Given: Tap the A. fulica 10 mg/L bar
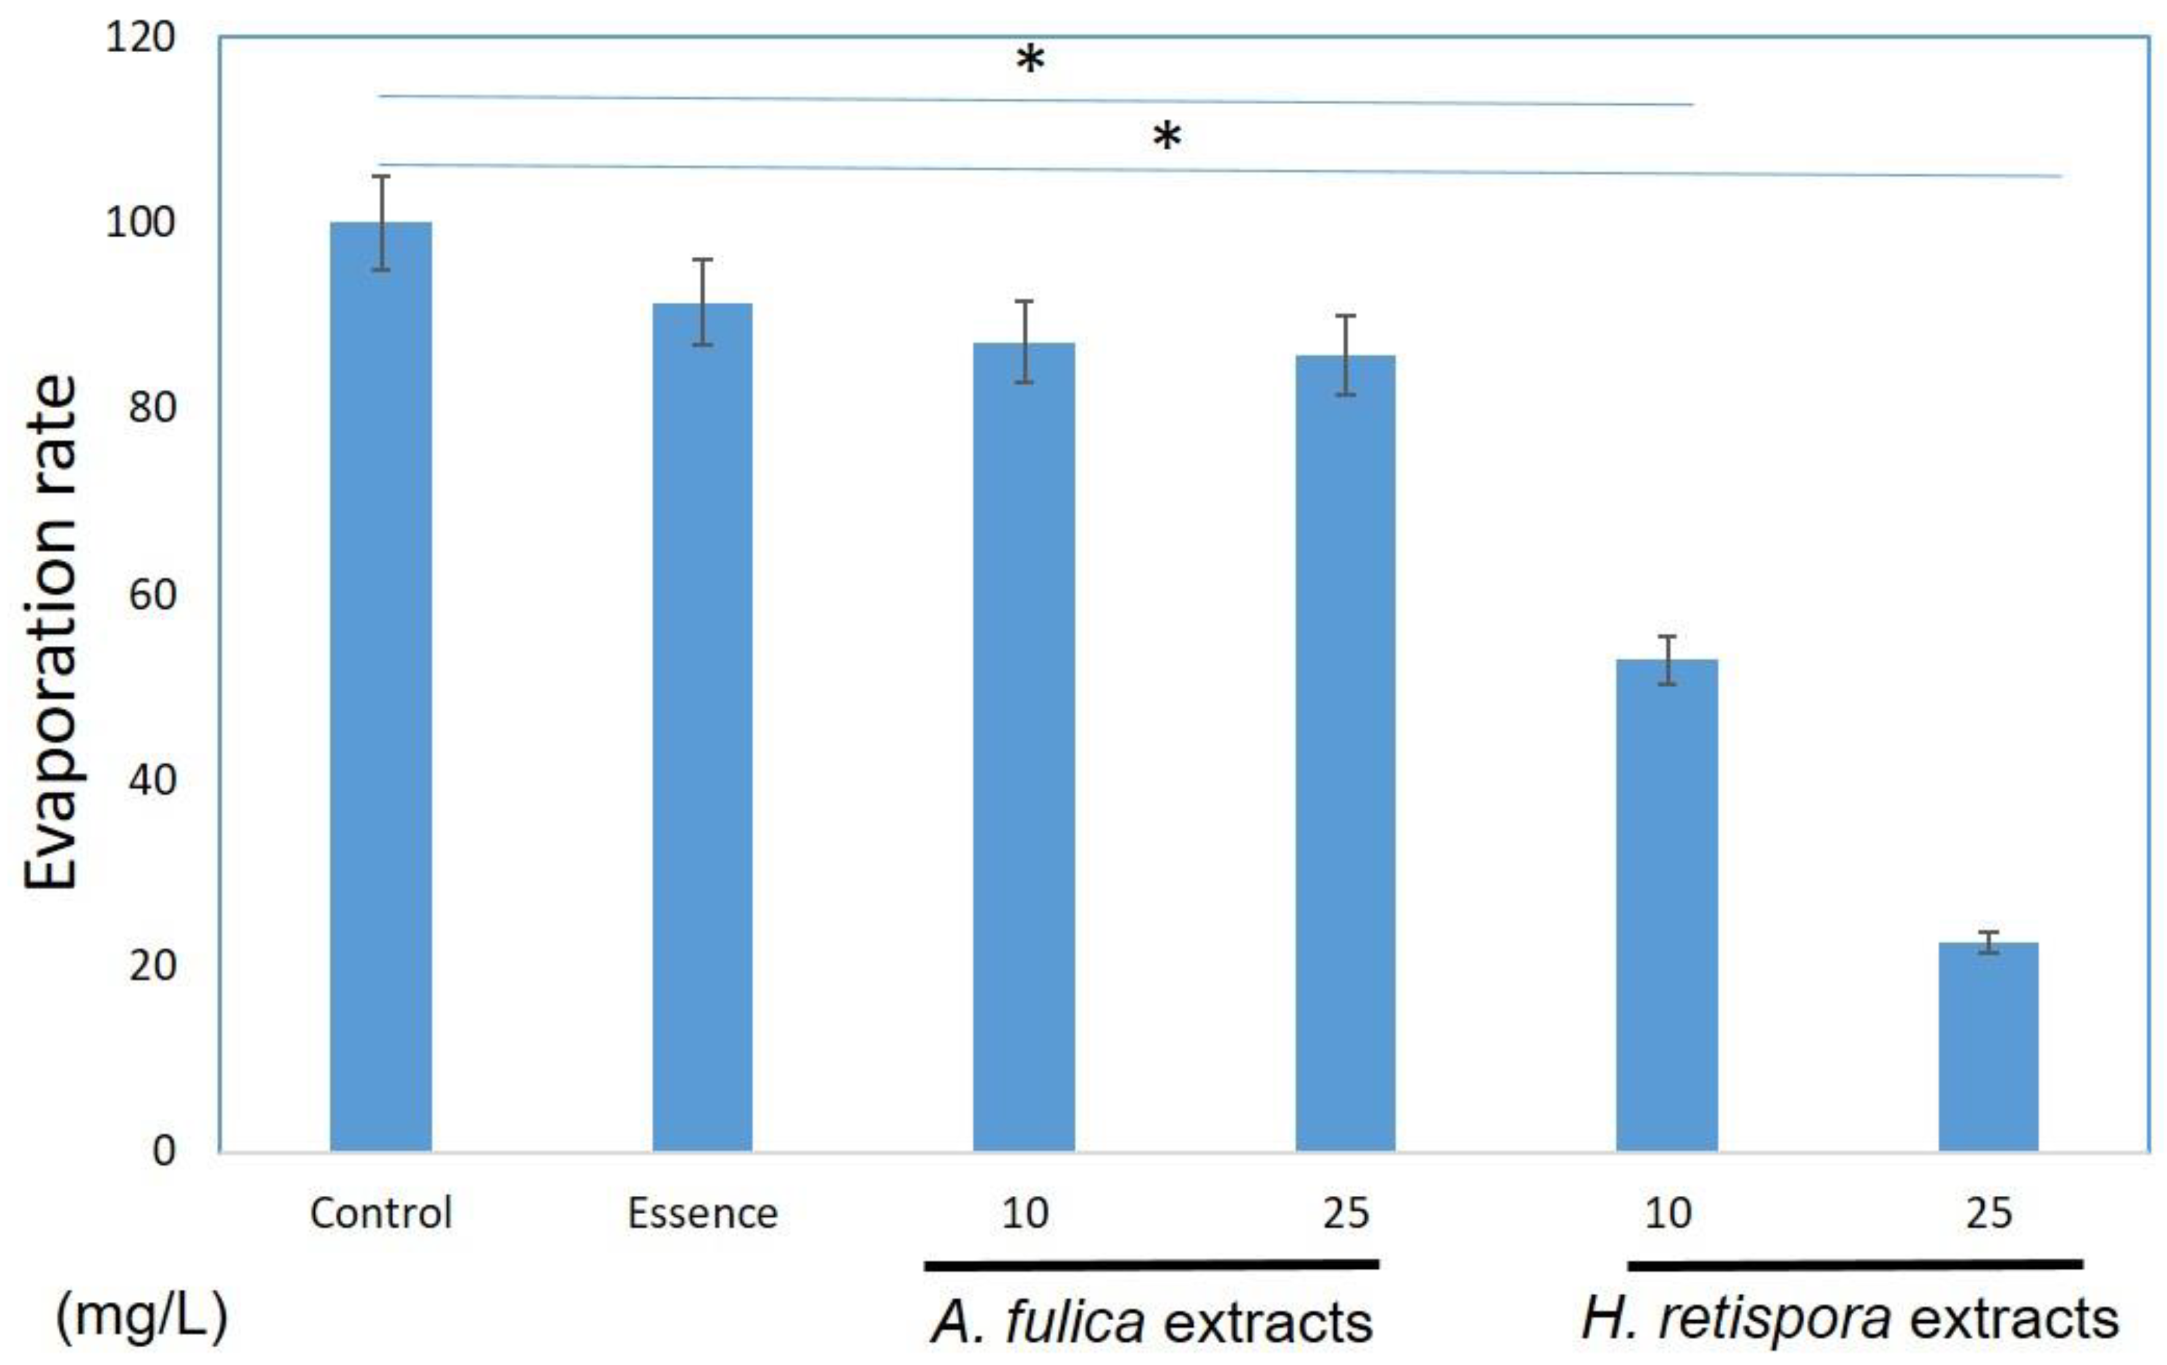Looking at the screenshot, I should [1023, 747].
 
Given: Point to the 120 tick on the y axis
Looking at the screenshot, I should [140, 38].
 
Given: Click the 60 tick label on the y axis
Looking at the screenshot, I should [151, 595].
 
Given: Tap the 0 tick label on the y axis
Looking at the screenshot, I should [164, 1150].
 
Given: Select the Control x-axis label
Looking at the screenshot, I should [381, 1214].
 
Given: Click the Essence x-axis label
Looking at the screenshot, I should [702, 1214].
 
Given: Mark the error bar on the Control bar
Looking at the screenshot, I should [382, 222].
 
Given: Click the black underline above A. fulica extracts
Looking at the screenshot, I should [1152, 1264].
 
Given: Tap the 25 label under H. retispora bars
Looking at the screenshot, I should [1988, 1214].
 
